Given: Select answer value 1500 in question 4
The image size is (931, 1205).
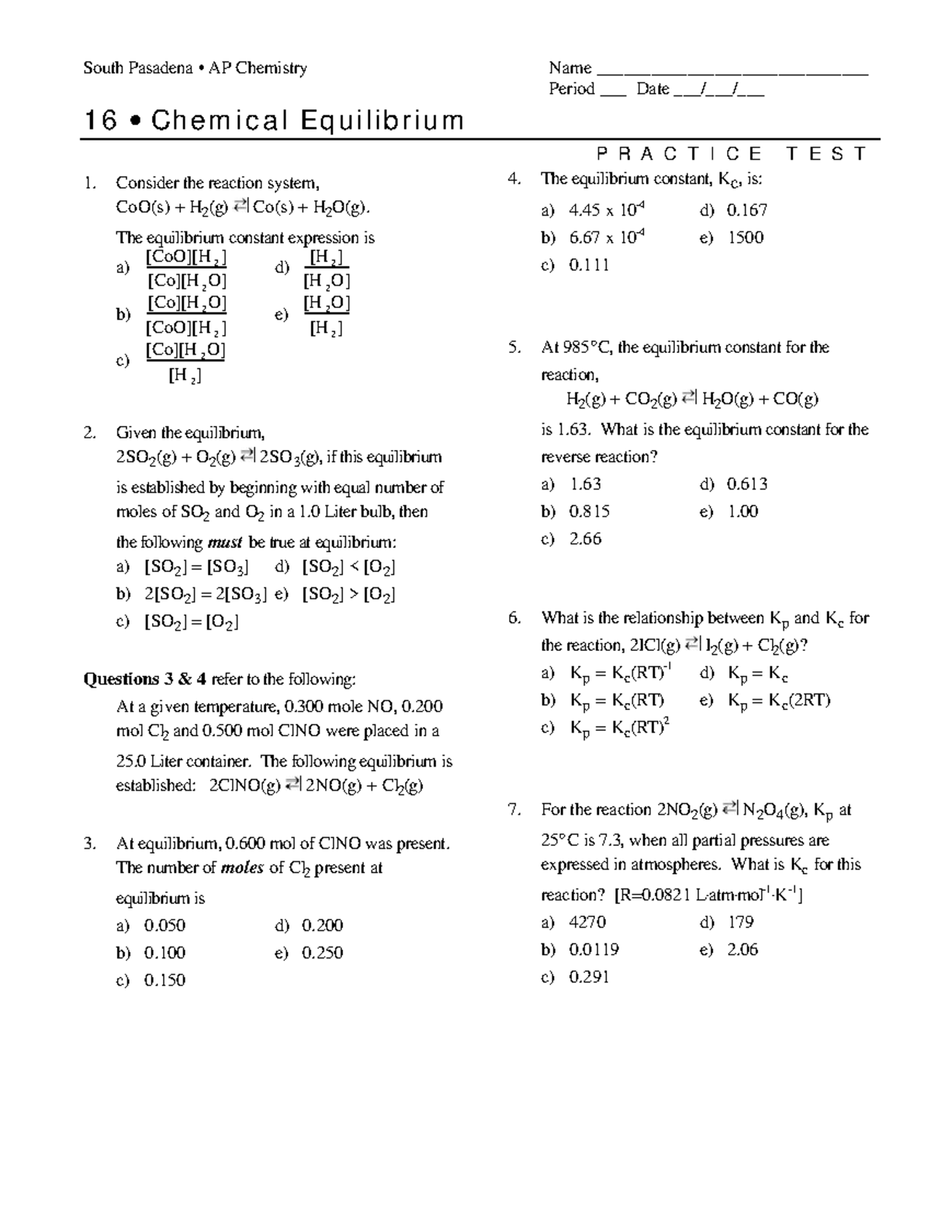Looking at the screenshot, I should [745, 237].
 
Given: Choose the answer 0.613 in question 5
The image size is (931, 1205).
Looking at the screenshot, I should [746, 484].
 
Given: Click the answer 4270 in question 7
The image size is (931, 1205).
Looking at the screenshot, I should [587, 922].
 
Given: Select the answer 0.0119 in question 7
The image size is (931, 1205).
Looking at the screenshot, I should [594, 949].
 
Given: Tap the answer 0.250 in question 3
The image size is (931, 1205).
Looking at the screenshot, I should [322, 952].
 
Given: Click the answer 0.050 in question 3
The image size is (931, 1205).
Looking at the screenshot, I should [164, 925].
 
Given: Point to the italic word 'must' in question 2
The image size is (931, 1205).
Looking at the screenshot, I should [227, 542].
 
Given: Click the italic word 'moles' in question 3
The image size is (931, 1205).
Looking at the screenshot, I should [242, 868].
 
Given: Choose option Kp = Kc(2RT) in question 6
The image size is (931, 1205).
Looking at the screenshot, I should [778, 701].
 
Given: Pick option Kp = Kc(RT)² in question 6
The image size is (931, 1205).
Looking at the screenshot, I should [619, 728].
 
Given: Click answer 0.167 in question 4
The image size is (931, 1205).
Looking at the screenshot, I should [746, 210].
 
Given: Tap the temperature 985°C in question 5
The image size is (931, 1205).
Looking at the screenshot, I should [587, 348].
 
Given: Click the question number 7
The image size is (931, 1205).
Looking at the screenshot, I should [514, 810].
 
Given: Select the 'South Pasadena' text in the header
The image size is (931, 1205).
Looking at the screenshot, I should [137, 68].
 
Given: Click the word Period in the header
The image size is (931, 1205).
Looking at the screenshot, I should [571, 89].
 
